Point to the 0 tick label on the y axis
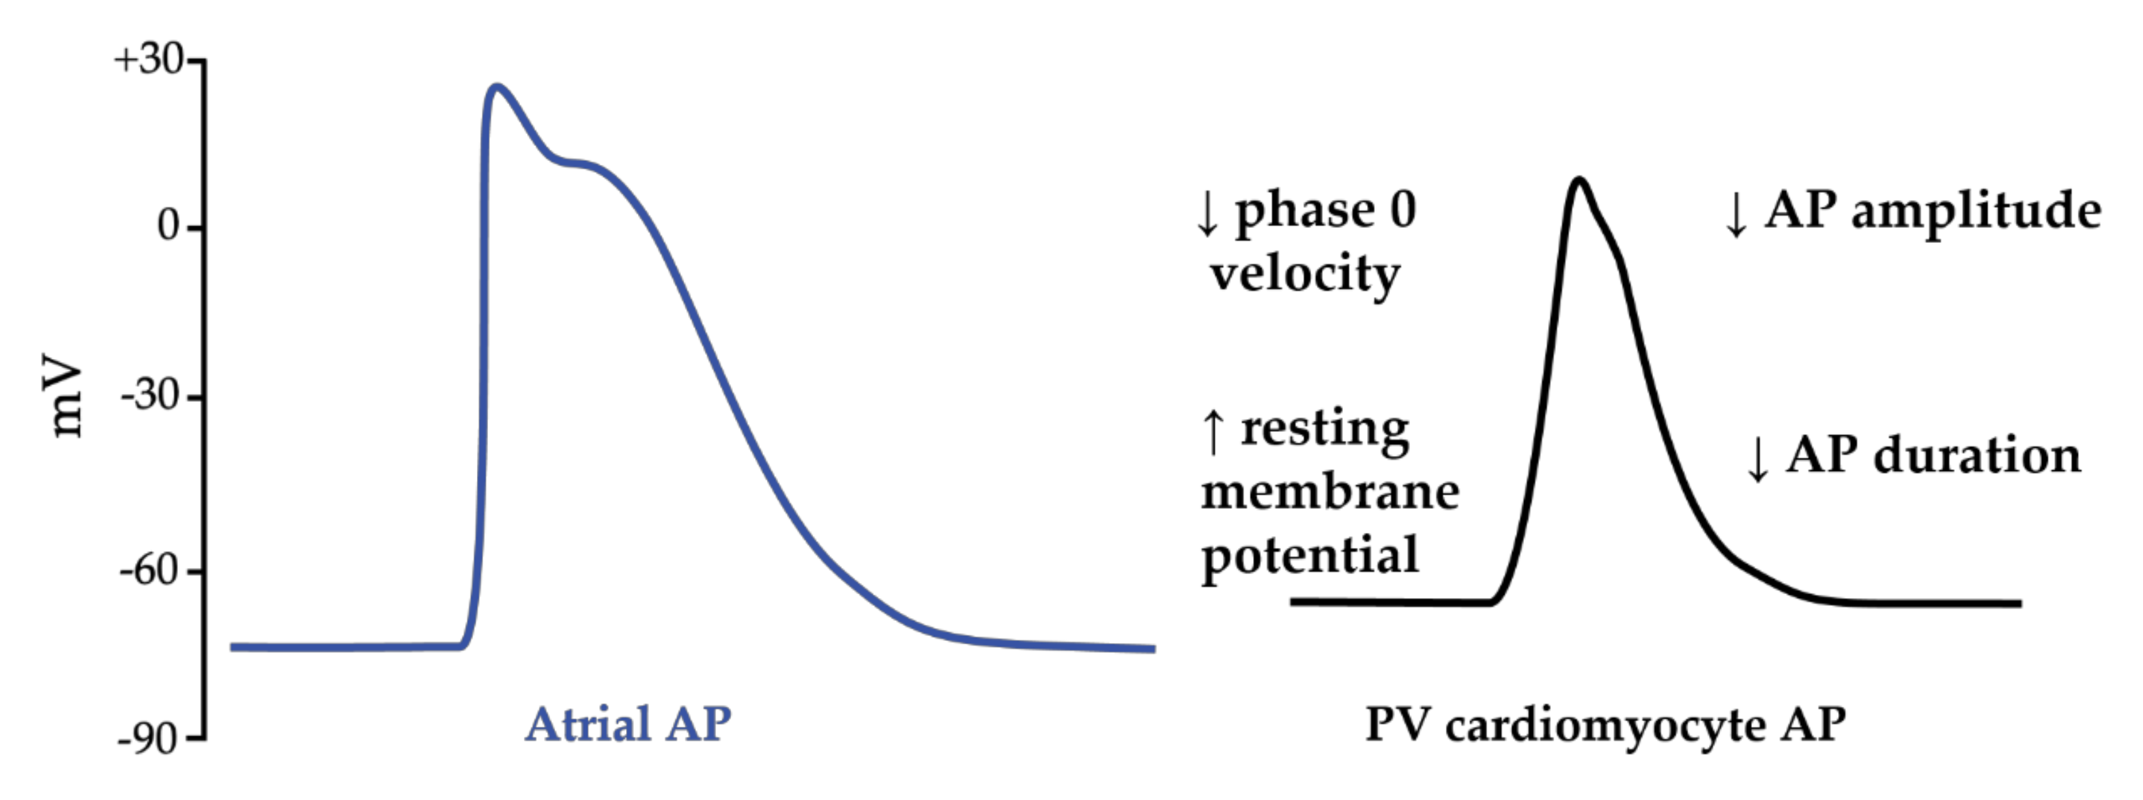[x=169, y=226]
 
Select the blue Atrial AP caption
[x=628, y=724]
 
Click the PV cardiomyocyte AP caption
[x=1605, y=724]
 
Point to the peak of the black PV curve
[x=1578, y=180]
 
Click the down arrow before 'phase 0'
[x=1206, y=214]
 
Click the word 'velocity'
[x=1304, y=274]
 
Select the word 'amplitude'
[x=1976, y=212]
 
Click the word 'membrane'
[x=1329, y=493]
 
